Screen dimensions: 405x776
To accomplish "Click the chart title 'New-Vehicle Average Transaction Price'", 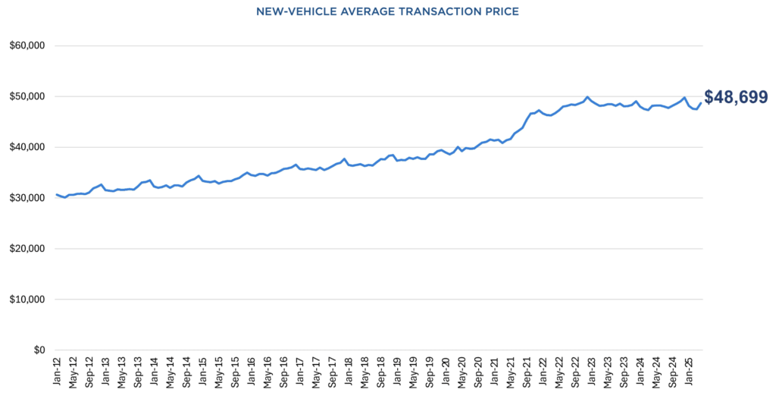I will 387,11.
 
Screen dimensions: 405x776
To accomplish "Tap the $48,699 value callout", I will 736,97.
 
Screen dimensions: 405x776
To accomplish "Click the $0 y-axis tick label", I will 36,350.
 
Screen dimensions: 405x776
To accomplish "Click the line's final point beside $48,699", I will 700,103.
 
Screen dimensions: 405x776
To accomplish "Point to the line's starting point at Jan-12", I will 56,194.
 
